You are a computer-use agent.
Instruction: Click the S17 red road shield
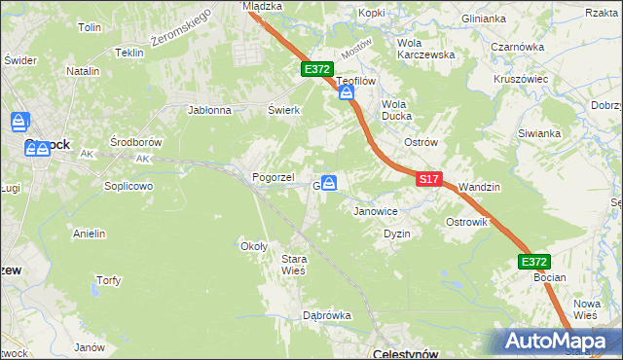tap(430, 180)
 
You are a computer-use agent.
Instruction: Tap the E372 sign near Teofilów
tap(317, 70)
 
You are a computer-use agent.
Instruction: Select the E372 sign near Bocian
tap(534, 262)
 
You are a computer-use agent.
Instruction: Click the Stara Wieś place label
tap(293, 264)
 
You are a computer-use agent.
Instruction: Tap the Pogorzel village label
tap(274, 177)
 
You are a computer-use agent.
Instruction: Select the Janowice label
tap(376, 210)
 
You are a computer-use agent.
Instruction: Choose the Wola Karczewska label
tap(426, 49)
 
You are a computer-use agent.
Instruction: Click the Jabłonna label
tap(209, 110)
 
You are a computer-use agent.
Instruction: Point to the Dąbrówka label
tap(326, 315)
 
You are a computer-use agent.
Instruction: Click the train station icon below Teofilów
tap(347, 93)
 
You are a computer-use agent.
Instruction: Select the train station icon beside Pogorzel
tap(330, 183)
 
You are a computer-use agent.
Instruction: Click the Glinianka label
tap(484, 18)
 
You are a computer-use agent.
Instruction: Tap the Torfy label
tap(108, 280)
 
